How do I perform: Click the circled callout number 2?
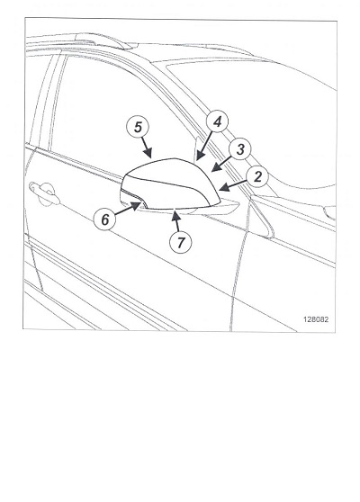point(257,176)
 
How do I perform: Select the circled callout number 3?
point(240,149)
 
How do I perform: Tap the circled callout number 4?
point(218,121)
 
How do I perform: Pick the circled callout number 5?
point(138,127)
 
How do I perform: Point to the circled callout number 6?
point(104,220)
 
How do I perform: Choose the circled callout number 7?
point(180,242)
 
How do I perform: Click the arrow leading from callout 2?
point(233,185)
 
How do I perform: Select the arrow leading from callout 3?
point(221,164)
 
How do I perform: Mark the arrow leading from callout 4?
point(204,146)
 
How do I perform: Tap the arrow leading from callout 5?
point(147,148)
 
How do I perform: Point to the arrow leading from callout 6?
point(128,209)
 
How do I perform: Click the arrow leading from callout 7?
point(175,221)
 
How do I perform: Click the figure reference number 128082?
point(316,319)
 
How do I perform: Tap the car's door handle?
point(44,193)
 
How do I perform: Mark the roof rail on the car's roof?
point(100,39)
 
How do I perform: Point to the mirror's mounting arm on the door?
point(225,207)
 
